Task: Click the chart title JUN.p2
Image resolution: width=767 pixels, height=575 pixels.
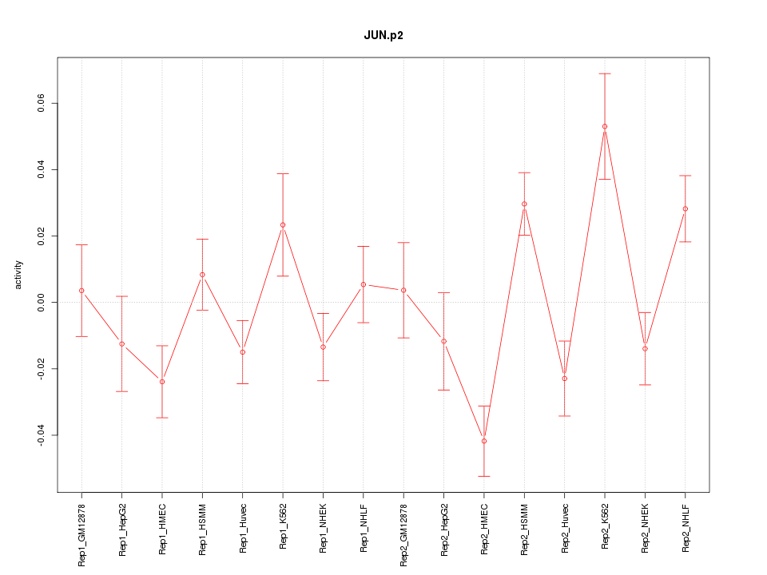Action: [383, 36]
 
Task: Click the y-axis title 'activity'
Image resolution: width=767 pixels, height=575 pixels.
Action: [18, 275]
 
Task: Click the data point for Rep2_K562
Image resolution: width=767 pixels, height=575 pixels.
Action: [605, 126]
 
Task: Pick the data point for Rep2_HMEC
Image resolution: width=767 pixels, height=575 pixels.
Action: [484, 441]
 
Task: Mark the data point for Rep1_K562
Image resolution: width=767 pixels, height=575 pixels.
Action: [283, 224]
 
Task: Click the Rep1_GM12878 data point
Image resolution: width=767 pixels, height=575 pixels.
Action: [81, 291]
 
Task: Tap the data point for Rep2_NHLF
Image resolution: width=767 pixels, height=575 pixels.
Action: [686, 208]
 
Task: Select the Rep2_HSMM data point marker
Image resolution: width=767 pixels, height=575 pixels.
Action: [524, 204]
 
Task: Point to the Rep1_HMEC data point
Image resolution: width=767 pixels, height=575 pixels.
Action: [162, 382]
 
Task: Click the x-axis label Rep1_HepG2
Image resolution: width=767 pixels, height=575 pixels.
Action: [122, 529]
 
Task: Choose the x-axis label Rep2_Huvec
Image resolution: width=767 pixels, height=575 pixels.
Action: [565, 529]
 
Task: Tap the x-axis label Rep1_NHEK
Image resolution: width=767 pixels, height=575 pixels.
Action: [324, 529]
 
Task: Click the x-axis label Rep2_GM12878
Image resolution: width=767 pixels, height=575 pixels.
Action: [403, 534]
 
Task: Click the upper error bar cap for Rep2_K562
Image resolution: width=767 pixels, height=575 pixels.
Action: [605, 73]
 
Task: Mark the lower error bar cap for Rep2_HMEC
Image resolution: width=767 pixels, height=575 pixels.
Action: [484, 476]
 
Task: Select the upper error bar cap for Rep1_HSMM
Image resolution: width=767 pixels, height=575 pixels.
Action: [202, 239]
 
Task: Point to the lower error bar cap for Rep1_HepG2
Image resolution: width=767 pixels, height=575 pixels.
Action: [122, 391]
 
